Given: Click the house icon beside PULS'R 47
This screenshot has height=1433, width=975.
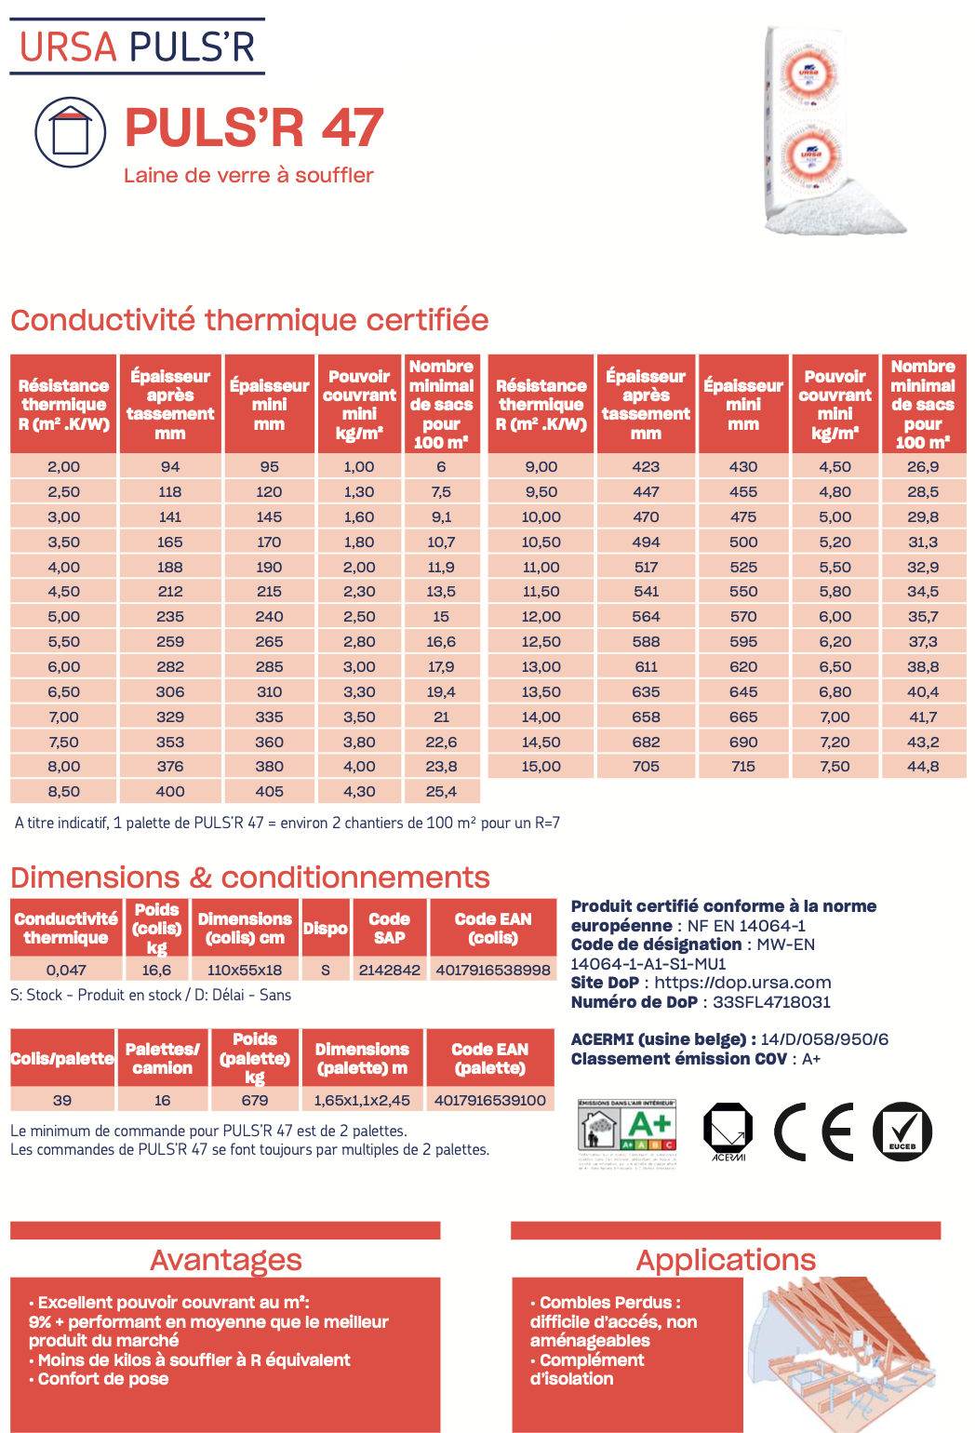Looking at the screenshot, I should coord(71,132).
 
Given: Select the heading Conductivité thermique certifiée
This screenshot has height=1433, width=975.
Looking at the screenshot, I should coord(249,320).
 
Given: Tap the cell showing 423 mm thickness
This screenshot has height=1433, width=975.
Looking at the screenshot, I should coord(646,467).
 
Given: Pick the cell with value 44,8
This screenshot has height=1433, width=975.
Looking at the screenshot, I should coord(923,767).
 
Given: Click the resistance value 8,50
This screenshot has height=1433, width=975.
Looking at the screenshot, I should coord(63,792).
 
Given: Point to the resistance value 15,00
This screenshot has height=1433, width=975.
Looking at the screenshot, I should coord(541,767).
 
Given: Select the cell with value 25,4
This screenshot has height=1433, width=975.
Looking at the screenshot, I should coord(441,792).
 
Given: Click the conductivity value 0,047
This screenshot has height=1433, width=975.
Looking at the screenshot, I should coord(66,970).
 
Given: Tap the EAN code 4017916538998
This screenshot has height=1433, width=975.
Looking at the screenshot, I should coord(493,970).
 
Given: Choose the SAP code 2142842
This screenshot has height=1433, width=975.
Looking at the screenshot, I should coord(389,970).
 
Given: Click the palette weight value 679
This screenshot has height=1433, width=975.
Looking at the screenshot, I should coord(255,1100).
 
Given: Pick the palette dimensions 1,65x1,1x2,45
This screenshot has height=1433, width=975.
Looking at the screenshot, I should coord(362,1100).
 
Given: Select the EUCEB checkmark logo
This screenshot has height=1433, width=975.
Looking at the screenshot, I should coord(902,1132).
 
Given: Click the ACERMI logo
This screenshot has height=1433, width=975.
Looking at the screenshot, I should coord(728,1132).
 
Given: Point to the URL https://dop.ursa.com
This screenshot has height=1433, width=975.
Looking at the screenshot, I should coord(742,983).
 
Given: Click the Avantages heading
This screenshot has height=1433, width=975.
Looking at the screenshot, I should coord(226,1260).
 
